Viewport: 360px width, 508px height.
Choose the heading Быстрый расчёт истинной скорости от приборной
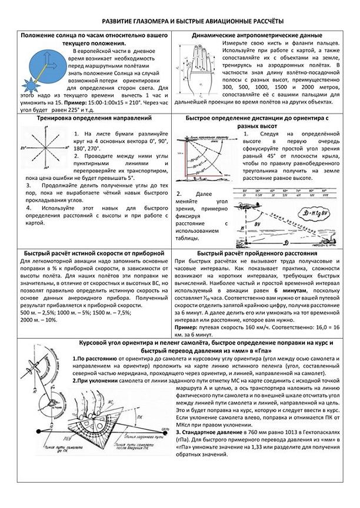tap(89, 253)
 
